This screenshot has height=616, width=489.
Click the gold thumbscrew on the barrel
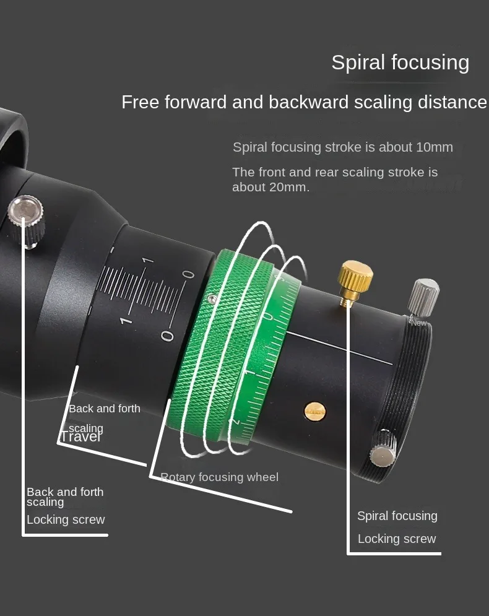point(355,277)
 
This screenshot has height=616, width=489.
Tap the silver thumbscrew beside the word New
point(425,295)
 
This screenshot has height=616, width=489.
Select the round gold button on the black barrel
point(314,411)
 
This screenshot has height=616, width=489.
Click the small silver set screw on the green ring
point(212,300)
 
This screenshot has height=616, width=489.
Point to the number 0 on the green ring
point(268,317)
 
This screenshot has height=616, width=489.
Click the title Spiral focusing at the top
point(400,63)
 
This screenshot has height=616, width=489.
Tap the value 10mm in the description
point(435,147)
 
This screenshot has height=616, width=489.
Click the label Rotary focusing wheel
point(219,477)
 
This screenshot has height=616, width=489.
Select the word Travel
point(80,437)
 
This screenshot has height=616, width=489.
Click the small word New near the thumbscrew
point(418,323)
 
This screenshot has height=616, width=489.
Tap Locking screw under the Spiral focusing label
point(397,539)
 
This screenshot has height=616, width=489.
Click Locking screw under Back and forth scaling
point(66,519)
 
